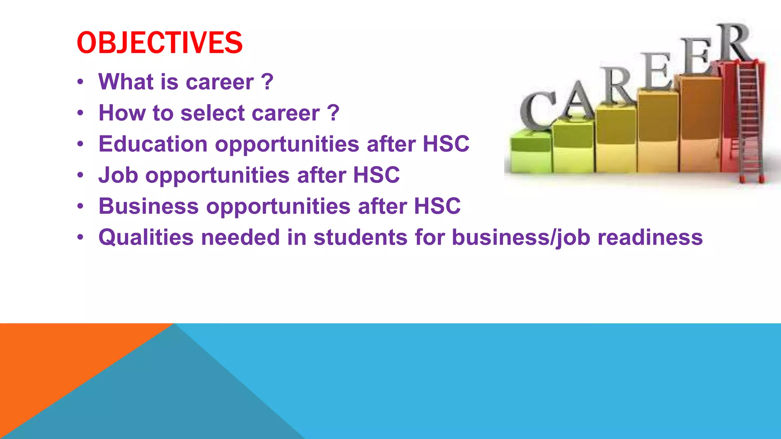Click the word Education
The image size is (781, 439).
click(153, 144)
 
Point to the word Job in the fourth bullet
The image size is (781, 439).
click(118, 175)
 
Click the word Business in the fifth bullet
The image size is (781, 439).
click(148, 206)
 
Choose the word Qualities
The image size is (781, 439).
click(146, 237)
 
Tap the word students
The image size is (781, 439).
click(360, 237)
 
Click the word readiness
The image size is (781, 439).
click(650, 237)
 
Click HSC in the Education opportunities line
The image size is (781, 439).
click(446, 144)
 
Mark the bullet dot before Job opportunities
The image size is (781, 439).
click(80, 175)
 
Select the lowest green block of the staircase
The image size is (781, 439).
click(530, 152)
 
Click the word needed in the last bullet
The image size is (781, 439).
click(240, 237)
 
